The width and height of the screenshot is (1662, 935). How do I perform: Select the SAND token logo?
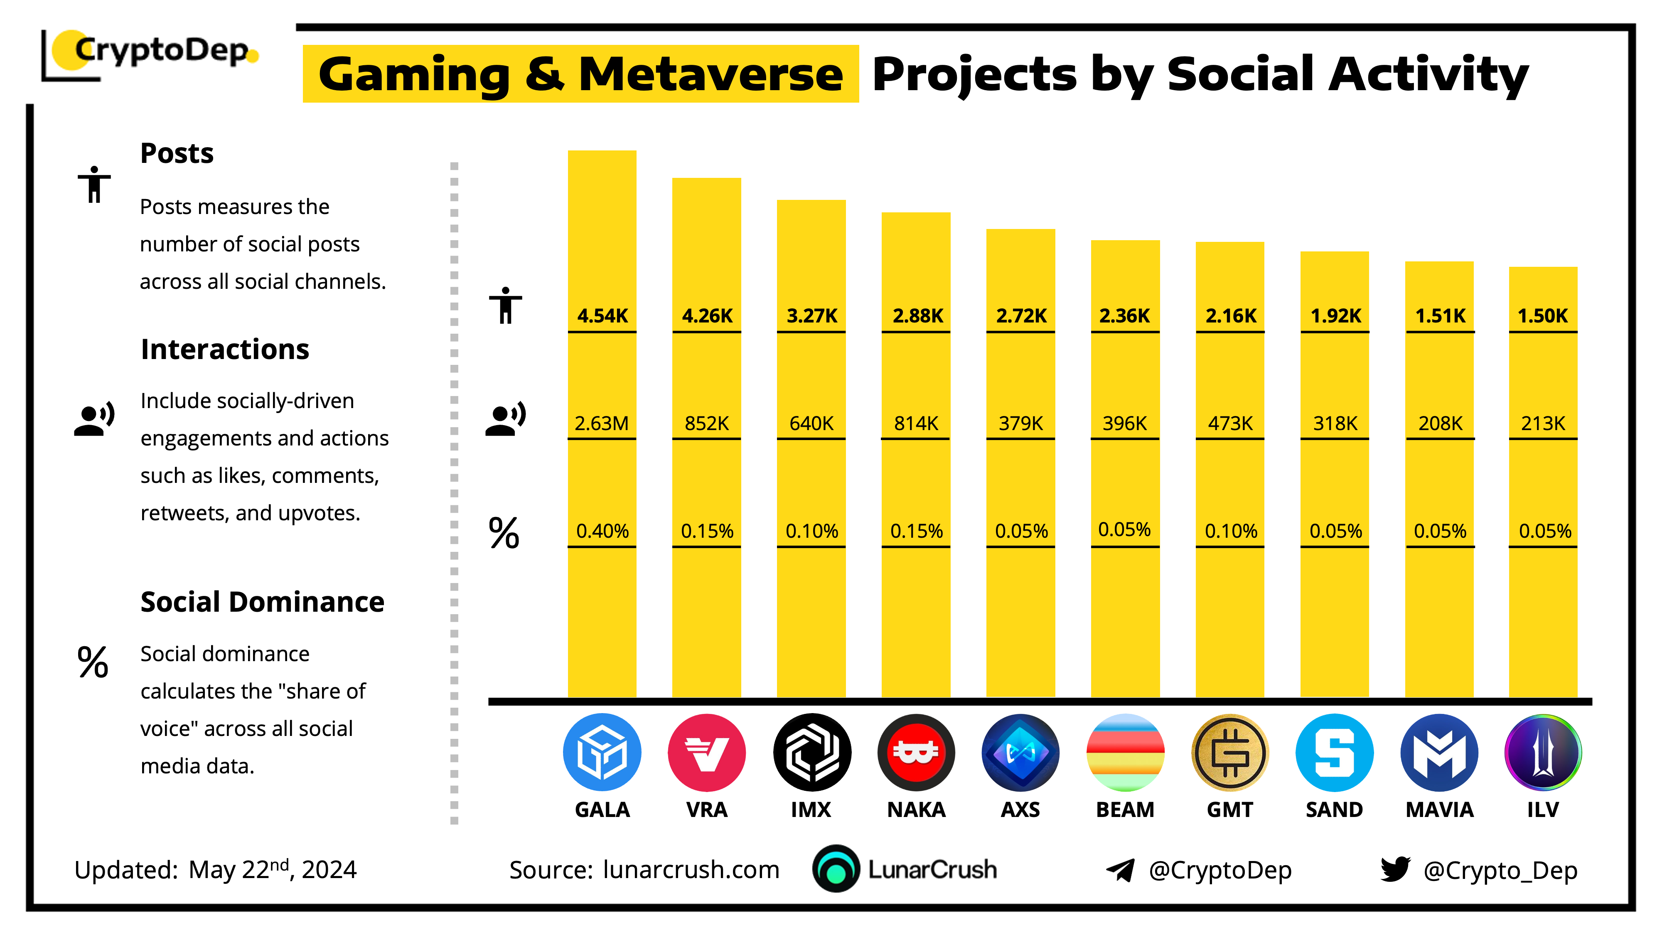coord(1334,753)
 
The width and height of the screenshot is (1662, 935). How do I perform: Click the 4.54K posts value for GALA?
coord(602,315)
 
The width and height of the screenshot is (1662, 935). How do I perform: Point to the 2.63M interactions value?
coord(601,423)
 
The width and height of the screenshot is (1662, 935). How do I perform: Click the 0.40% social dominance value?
coord(602,531)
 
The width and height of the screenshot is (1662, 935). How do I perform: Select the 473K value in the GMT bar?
coord(1230,423)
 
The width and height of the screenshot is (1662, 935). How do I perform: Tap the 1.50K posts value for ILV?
coord(1543,315)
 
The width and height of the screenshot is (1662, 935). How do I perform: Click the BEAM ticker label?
coord(1125,810)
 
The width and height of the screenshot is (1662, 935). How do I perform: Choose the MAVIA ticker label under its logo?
coord(1439,810)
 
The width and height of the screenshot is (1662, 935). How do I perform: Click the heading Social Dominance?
coord(262,602)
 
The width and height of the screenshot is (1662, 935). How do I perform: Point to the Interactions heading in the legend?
coord(224,349)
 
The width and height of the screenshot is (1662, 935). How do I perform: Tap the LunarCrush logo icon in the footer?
coord(836,869)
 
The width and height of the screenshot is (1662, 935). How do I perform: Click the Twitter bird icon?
coord(1395,869)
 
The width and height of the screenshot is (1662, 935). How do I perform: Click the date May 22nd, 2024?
coord(272,869)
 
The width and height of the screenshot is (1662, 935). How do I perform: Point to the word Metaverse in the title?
coord(711,75)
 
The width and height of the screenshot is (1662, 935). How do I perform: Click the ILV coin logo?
coord(1543,753)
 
